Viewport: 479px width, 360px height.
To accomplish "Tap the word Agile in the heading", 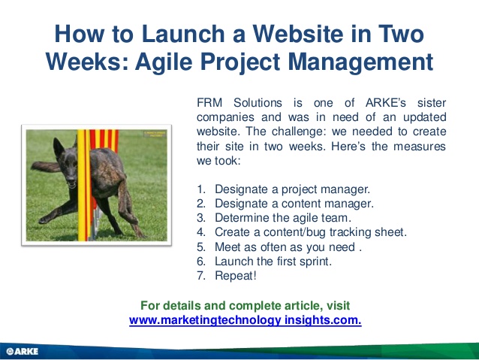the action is pos(164,62).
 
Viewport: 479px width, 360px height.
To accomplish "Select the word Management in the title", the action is pos(360,62).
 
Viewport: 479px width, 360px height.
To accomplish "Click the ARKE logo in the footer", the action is pos(23,351).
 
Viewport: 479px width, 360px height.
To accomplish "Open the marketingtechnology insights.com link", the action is pos(246,320).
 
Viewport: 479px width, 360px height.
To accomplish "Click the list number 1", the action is pos(201,189).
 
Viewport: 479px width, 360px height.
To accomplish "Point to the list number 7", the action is pos(201,276).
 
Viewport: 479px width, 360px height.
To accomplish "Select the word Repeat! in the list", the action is pos(236,276).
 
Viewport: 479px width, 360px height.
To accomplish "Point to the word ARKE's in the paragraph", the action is pos(385,103).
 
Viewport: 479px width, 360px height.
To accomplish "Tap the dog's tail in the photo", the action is pos(45,166).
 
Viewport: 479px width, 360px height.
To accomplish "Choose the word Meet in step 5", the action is pos(227,247).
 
